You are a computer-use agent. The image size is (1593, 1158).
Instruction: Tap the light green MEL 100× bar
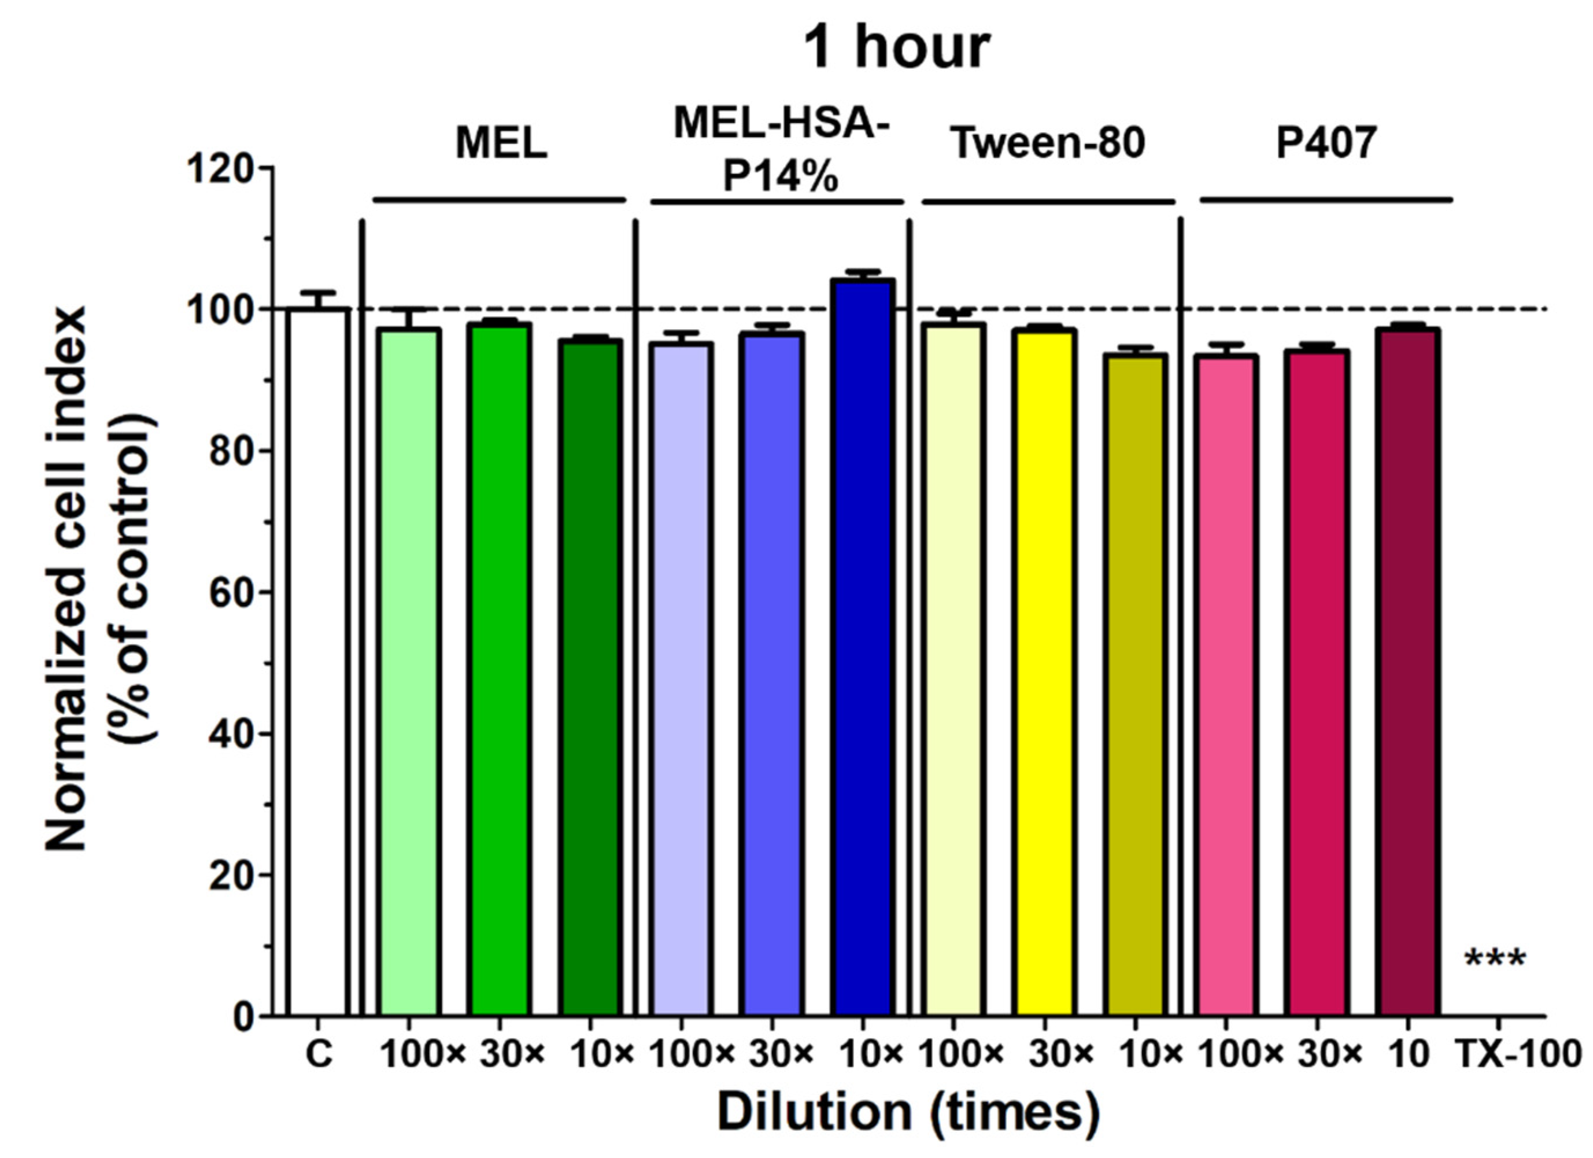[409, 671]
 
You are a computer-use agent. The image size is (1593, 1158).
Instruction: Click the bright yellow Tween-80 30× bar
[1044, 671]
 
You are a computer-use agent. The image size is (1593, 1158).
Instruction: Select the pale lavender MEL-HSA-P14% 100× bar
[681, 678]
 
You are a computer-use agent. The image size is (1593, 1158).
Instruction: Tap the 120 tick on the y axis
[228, 169]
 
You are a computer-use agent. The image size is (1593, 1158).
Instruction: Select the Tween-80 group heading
[1047, 143]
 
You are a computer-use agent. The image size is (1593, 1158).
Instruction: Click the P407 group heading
[1326, 143]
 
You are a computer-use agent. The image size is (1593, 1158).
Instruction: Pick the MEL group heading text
[501, 143]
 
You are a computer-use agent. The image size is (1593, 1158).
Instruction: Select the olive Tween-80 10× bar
[1134, 685]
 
